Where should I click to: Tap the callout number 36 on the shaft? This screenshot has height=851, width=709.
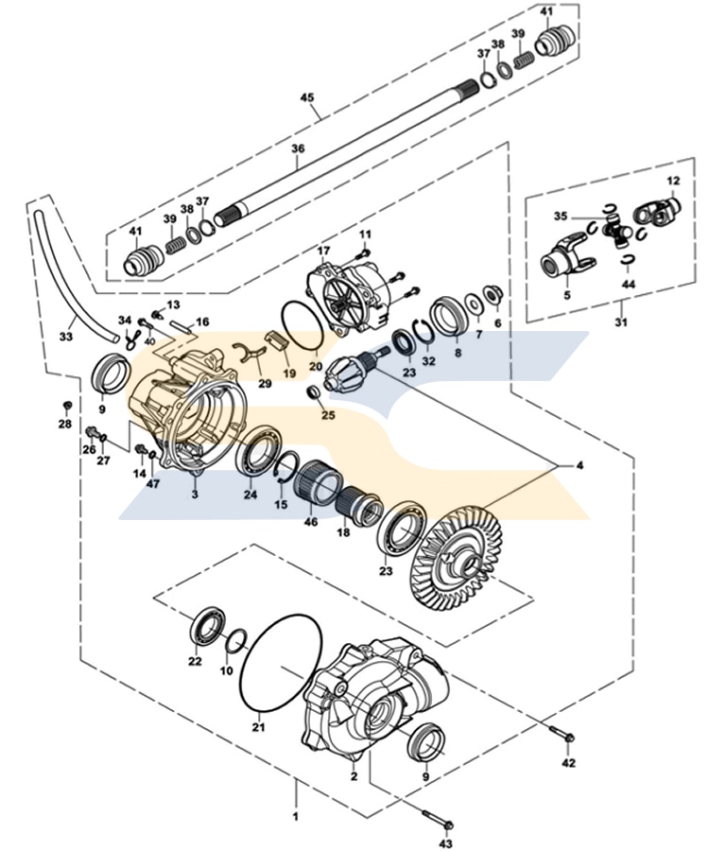(299, 148)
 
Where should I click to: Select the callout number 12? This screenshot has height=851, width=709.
(673, 180)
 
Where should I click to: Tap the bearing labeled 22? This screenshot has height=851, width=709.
(205, 628)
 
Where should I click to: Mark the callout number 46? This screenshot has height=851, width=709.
(311, 522)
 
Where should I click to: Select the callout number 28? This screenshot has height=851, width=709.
(64, 424)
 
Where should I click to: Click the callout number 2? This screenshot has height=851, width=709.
(354, 776)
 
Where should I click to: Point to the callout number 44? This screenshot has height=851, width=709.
(629, 283)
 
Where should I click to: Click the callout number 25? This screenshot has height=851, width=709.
(328, 414)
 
